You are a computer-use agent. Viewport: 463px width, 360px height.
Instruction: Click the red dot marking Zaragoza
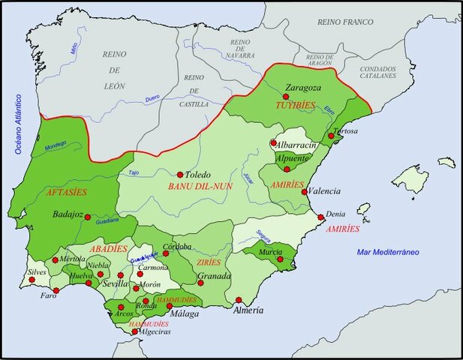click(x=286, y=97)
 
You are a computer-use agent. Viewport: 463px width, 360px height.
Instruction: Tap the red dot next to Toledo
click(x=179, y=175)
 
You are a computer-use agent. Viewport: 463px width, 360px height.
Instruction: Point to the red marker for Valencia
click(x=303, y=191)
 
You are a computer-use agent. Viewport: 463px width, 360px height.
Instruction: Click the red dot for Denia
click(x=321, y=217)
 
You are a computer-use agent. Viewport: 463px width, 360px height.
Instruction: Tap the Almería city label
click(x=248, y=310)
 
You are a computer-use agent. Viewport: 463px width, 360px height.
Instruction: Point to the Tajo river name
click(x=134, y=173)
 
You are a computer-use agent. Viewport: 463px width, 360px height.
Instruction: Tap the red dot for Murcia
click(x=280, y=259)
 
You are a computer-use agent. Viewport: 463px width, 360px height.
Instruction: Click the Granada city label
click(x=214, y=276)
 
